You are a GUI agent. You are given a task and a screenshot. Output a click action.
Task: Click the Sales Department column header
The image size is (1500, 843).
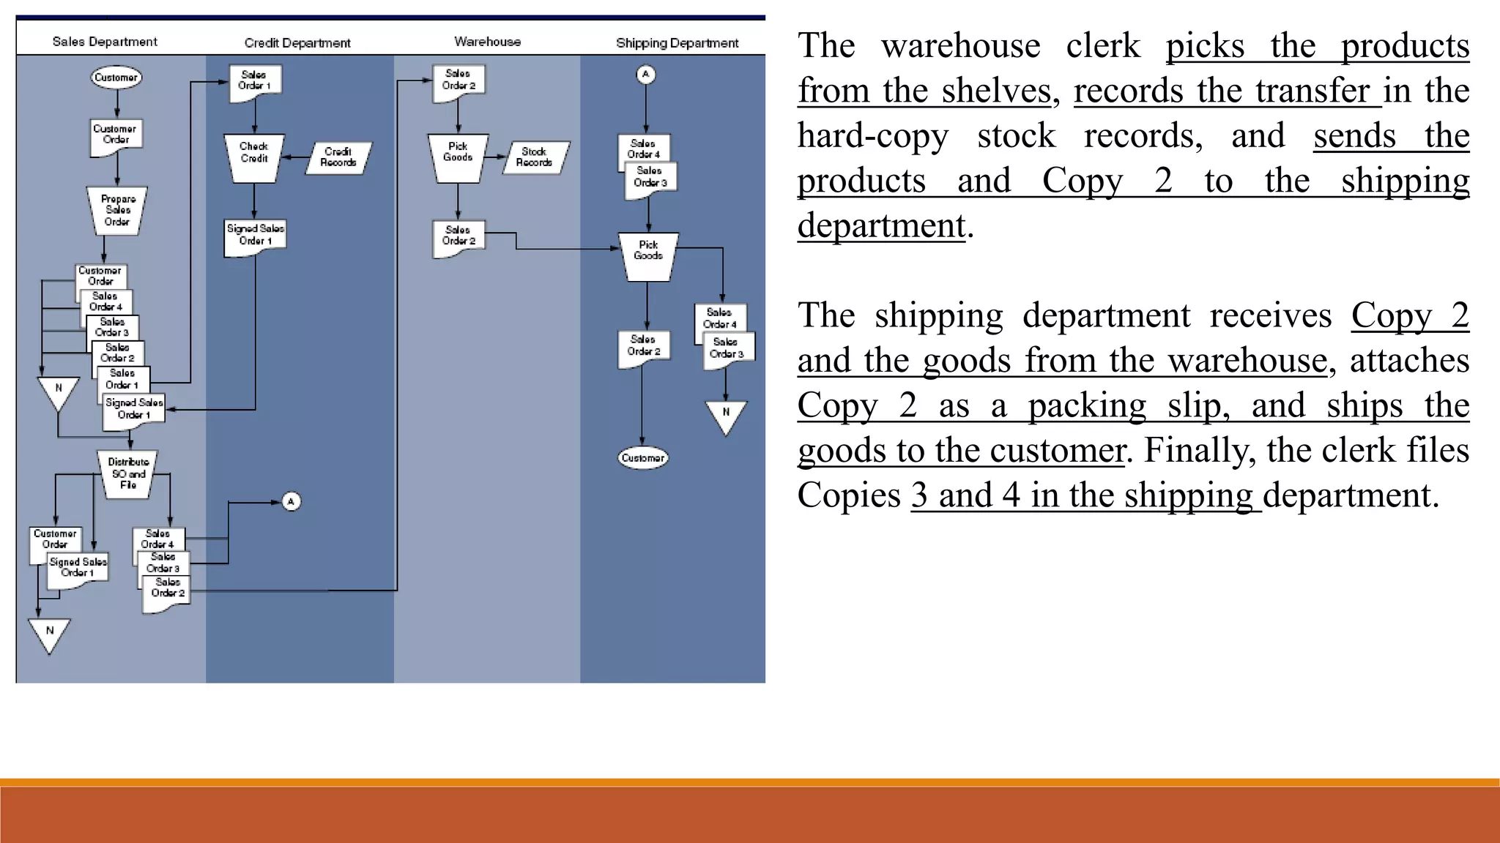click(x=105, y=42)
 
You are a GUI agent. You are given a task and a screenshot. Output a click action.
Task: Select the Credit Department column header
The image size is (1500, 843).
click(x=297, y=43)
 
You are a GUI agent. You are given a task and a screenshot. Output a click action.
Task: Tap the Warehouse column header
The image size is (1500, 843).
click(x=487, y=42)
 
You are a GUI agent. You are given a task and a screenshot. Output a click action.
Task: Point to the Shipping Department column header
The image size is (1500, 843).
click(x=677, y=43)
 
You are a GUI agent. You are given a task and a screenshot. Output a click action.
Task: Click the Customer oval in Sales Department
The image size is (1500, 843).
click(x=116, y=78)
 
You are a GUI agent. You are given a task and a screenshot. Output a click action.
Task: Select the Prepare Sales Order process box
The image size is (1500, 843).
click(x=117, y=210)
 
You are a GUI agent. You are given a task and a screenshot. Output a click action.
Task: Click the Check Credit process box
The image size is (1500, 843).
click(x=254, y=157)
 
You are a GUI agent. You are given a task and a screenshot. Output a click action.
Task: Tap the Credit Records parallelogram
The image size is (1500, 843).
click(x=338, y=157)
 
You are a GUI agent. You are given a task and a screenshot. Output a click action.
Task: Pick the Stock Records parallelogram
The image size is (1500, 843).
click(x=534, y=157)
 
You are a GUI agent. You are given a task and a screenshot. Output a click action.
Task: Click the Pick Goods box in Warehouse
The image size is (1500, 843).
click(x=458, y=157)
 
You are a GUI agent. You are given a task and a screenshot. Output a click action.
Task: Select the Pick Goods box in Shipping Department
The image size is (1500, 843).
click(x=648, y=255)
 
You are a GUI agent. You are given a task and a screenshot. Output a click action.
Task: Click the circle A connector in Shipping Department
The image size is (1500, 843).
click(x=645, y=75)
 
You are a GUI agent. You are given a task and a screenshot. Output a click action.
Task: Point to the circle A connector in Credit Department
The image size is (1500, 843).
click(x=291, y=501)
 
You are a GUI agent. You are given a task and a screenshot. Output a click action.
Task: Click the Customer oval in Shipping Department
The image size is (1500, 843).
click(x=642, y=458)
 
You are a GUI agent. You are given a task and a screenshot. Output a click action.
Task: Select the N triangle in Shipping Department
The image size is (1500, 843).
click(x=726, y=416)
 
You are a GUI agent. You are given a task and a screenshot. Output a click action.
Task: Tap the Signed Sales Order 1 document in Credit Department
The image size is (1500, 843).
click(x=255, y=236)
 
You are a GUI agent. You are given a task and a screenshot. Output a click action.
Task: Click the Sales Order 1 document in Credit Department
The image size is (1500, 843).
click(x=254, y=81)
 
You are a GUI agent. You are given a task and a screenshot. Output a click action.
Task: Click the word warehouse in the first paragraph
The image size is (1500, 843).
click(x=960, y=46)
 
